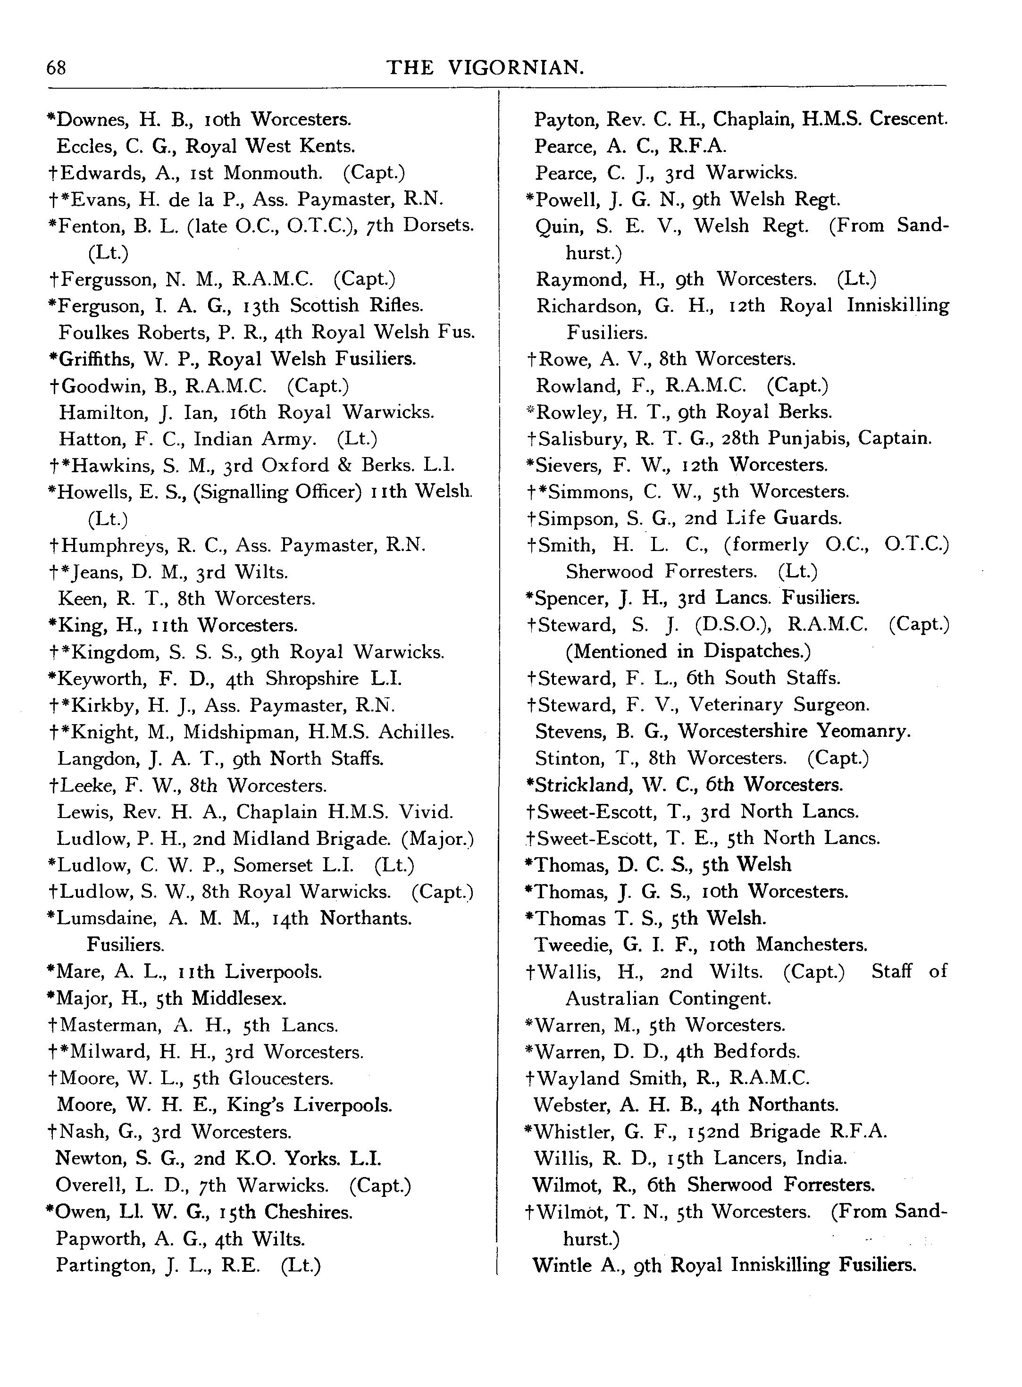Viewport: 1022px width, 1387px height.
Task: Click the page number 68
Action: [x=56, y=67]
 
